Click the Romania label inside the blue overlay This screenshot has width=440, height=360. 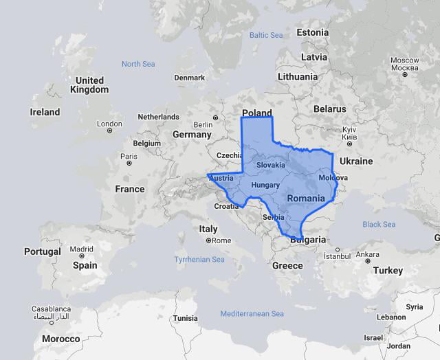[306, 199]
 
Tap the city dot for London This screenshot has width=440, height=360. [109, 131]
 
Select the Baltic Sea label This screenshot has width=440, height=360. [266, 35]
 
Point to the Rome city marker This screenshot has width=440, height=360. [208, 240]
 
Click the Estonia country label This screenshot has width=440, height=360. [313, 32]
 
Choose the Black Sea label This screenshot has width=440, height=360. [379, 225]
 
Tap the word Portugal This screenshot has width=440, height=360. [43, 251]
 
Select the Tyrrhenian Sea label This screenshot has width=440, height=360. [199, 260]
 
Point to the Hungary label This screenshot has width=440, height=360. [265, 185]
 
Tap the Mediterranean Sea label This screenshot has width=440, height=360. [252, 314]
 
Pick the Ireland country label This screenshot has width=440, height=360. [45, 112]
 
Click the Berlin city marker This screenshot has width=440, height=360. [215, 117]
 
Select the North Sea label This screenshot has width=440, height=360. [138, 64]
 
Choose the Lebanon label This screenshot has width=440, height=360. [391, 317]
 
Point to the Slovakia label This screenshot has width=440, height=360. [270, 165]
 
